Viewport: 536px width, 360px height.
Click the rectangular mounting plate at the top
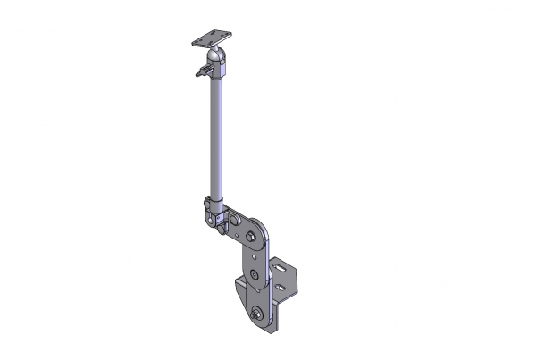tap(212, 39)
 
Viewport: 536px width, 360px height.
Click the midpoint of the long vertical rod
tap(215, 134)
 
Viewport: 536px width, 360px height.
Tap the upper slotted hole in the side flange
tap(281, 267)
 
